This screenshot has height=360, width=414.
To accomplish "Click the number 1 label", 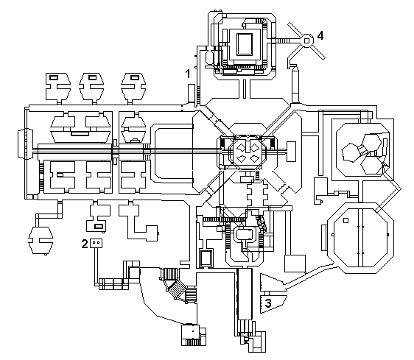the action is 188,74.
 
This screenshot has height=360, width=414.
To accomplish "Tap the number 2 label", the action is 85,244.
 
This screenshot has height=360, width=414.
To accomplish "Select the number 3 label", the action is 267,303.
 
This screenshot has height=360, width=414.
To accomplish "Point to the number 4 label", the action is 320,35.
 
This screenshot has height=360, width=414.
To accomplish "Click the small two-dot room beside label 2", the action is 96,243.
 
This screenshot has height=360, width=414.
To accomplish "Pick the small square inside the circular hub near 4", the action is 306,41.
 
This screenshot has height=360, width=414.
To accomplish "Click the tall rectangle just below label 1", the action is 191,93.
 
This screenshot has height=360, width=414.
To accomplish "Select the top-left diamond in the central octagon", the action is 241,148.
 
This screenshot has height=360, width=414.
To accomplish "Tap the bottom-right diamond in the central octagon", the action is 253,159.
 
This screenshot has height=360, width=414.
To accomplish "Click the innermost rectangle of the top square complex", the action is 245,44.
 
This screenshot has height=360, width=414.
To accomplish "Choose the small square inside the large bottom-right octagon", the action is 345,220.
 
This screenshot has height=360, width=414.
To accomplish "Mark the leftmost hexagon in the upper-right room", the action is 351,152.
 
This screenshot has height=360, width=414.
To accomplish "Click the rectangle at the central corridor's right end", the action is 291,152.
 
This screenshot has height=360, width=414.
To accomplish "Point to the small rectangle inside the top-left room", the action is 54,77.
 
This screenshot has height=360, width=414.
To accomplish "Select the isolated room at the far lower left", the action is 41,240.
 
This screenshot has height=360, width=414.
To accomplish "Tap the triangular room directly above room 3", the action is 270,282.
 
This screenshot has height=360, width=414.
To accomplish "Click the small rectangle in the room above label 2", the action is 99,226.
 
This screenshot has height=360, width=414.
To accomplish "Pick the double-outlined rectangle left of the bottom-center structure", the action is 206,258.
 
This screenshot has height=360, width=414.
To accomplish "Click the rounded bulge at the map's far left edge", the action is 25,144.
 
